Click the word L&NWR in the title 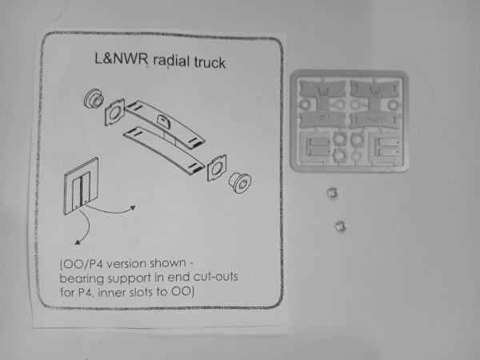(122, 58)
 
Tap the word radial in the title (171, 61)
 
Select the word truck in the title (210, 62)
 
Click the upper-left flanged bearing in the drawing (94, 98)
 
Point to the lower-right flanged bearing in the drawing (240, 182)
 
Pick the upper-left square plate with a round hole (114, 112)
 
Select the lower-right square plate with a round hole (217, 168)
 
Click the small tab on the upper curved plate (165, 122)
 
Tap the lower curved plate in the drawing (164, 150)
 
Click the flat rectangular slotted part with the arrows (82, 186)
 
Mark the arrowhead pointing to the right (133, 207)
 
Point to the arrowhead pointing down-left (78, 242)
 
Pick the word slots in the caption (142, 292)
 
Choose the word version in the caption (127, 263)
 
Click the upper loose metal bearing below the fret (333, 193)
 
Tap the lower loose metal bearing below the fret (341, 226)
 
